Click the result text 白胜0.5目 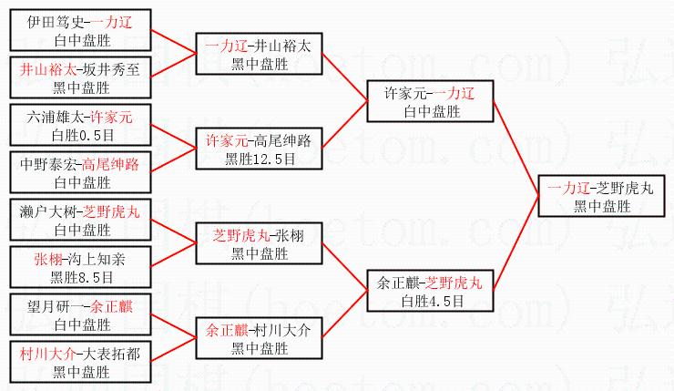click(81, 135)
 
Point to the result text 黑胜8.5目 click(81, 276)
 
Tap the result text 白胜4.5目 click(431, 299)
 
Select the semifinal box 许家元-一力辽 click(431, 103)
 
